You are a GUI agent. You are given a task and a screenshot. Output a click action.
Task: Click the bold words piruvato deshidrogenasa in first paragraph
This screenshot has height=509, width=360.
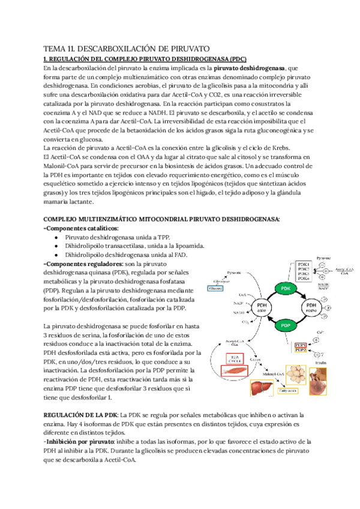tap(250, 68)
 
